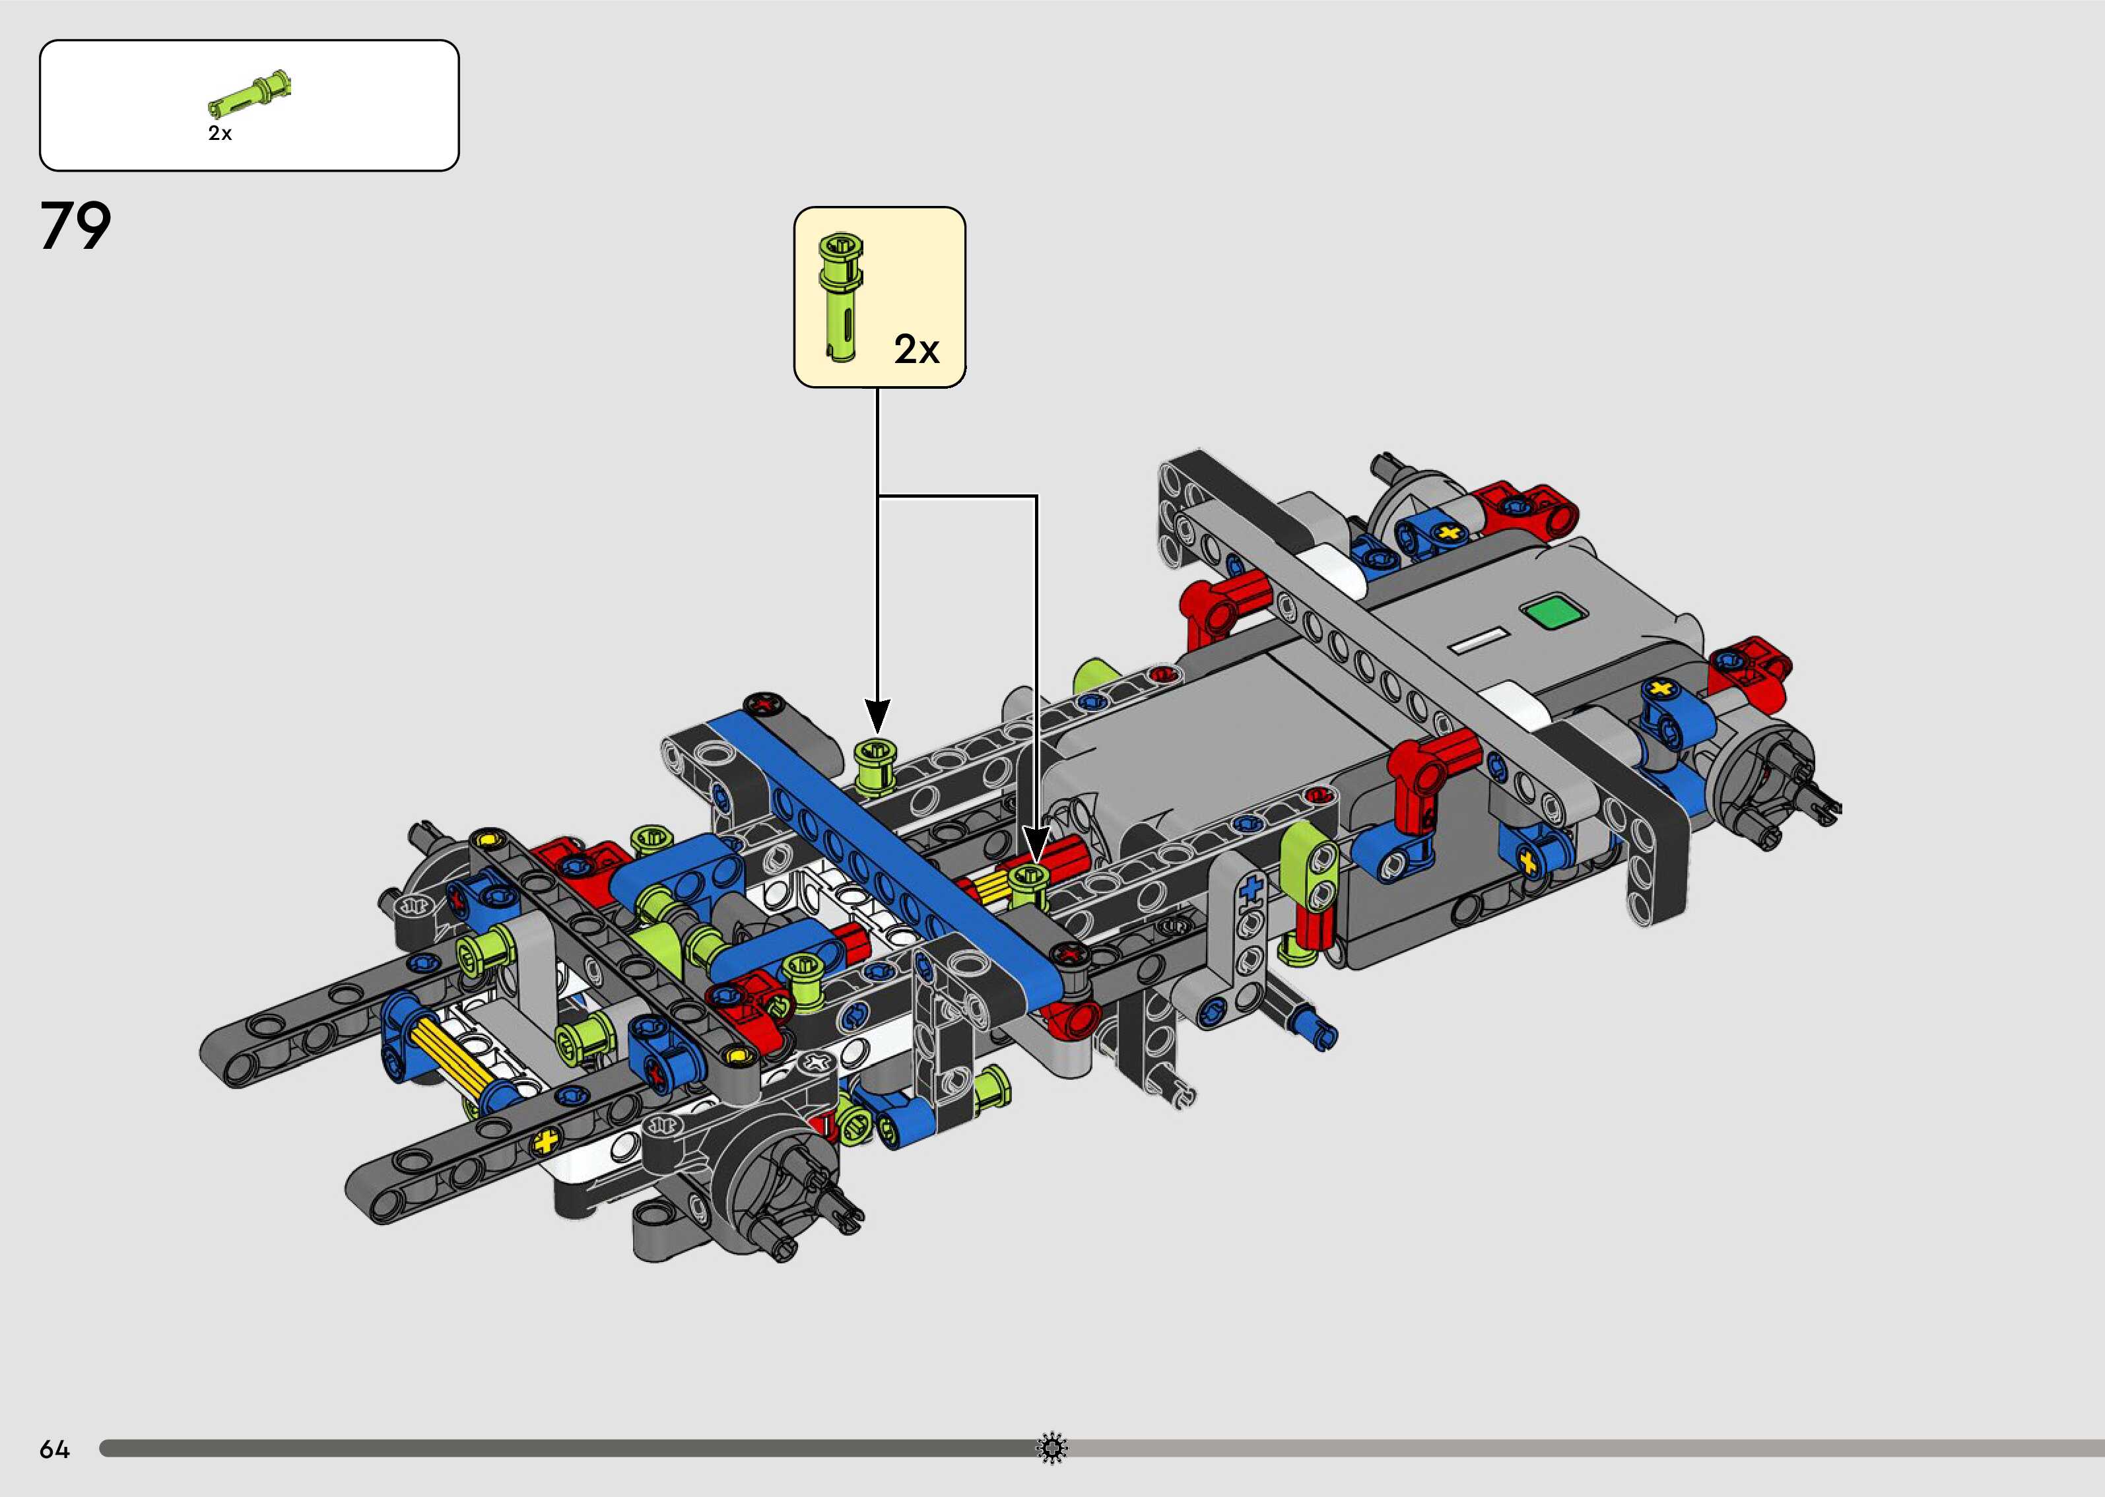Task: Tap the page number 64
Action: pos(54,1450)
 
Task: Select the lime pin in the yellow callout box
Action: pos(840,297)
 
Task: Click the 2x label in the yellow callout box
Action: pos(916,349)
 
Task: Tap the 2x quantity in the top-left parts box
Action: pos(219,133)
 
